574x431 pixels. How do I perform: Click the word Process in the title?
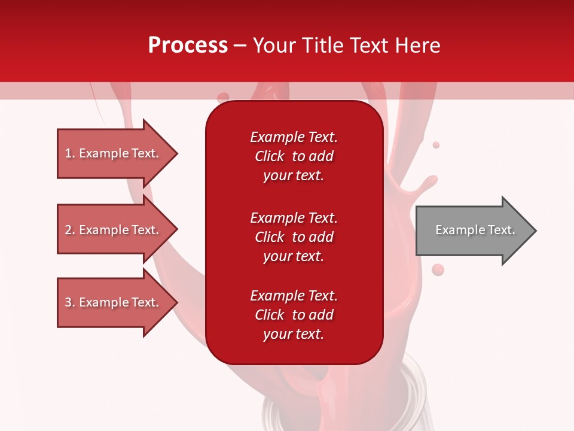188,45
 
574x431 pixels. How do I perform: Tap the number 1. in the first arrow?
70,154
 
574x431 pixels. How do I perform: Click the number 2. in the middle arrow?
70,230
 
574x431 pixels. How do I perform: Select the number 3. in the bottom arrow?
70,302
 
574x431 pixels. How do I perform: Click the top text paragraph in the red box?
294,156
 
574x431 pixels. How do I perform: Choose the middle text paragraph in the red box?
294,237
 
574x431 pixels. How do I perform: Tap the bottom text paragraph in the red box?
294,315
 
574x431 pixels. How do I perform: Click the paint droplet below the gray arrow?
438,270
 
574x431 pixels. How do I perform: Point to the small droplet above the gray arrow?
436,145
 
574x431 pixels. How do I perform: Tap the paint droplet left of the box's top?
223,96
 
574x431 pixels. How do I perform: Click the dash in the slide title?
240,46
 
